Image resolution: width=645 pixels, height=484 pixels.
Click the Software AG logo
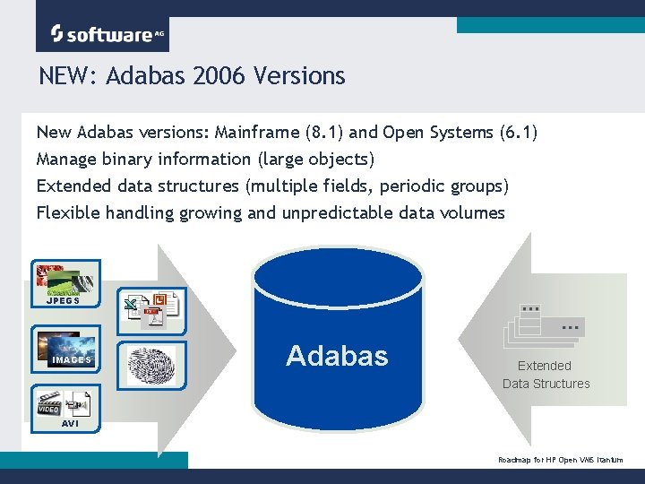(x=102, y=34)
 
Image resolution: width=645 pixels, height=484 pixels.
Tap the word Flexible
(x=69, y=213)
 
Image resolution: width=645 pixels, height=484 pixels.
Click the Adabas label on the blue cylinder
(x=337, y=356)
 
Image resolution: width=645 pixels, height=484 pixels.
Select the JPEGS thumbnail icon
(x=65, y=283)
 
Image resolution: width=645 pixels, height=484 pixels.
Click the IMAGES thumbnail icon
(x=65, y=350)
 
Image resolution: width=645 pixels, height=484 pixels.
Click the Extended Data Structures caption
(x=546, y=375)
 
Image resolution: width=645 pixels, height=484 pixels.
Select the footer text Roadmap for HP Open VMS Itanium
(x=560, y=460)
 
